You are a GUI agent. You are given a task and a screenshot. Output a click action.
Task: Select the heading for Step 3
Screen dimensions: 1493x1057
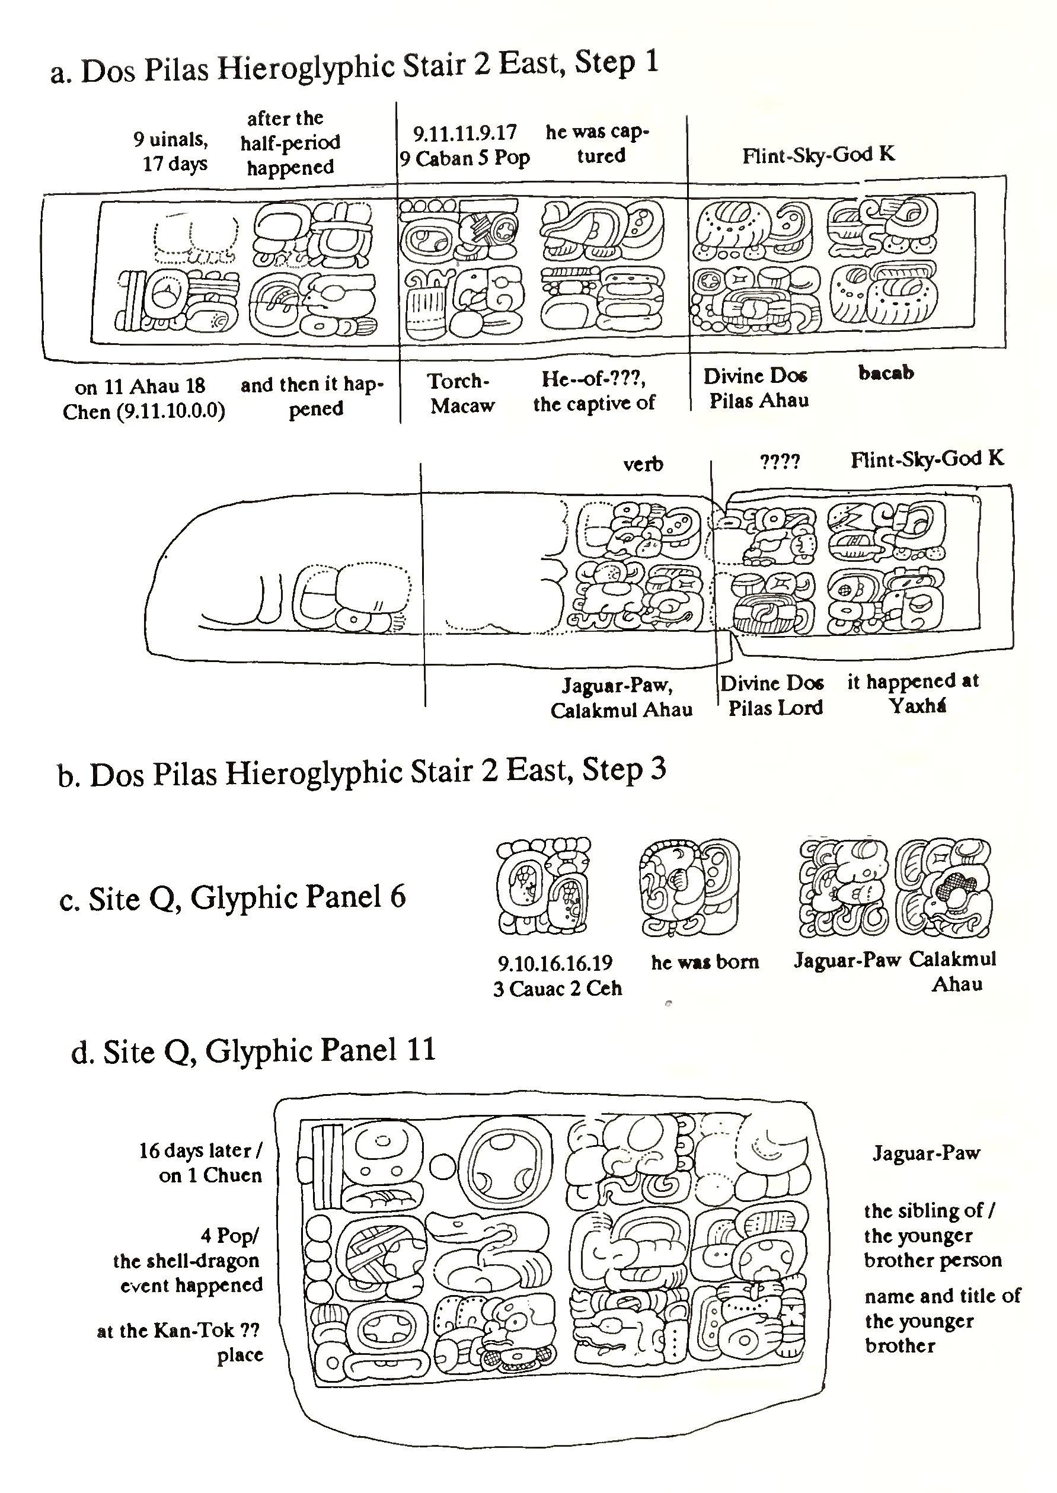tap(361, 773)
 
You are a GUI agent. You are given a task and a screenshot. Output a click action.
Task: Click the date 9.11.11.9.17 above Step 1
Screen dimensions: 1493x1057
tap(465, 133)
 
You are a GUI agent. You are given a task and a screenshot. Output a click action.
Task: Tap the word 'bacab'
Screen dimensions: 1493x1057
tap(886, 373)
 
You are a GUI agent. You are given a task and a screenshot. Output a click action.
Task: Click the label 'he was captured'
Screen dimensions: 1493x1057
tap(598, 144)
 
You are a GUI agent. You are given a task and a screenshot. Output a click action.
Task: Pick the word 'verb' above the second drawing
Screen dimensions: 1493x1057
tap(643, 464)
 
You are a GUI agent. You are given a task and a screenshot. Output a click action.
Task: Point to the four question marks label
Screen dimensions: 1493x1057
tap(780, 462)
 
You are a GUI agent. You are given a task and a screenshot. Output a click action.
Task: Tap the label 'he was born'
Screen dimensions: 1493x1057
tap(705, 962)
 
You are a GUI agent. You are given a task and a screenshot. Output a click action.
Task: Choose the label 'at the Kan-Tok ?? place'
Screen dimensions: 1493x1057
tap(181, 1342)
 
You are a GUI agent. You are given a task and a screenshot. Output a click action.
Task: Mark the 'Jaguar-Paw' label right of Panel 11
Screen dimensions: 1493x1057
tap(925, 1153)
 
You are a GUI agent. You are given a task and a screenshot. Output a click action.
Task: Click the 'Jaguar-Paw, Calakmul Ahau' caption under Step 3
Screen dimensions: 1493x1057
tap(621, 698)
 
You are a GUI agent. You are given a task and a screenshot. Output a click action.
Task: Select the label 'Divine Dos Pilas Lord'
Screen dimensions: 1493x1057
tap(773, 695)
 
